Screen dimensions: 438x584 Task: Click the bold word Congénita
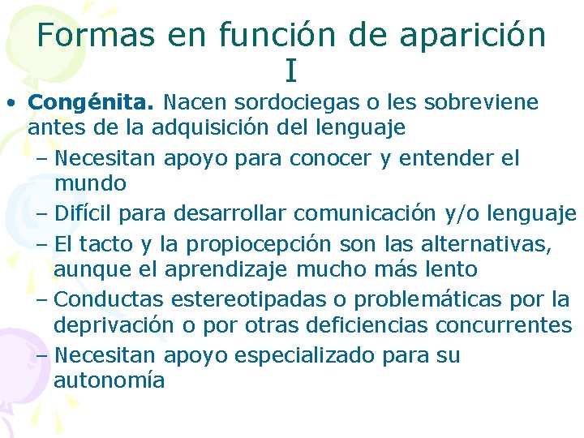coord(92,103)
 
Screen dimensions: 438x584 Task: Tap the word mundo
coord(90,184)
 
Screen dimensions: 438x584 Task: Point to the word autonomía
coord(109,380)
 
